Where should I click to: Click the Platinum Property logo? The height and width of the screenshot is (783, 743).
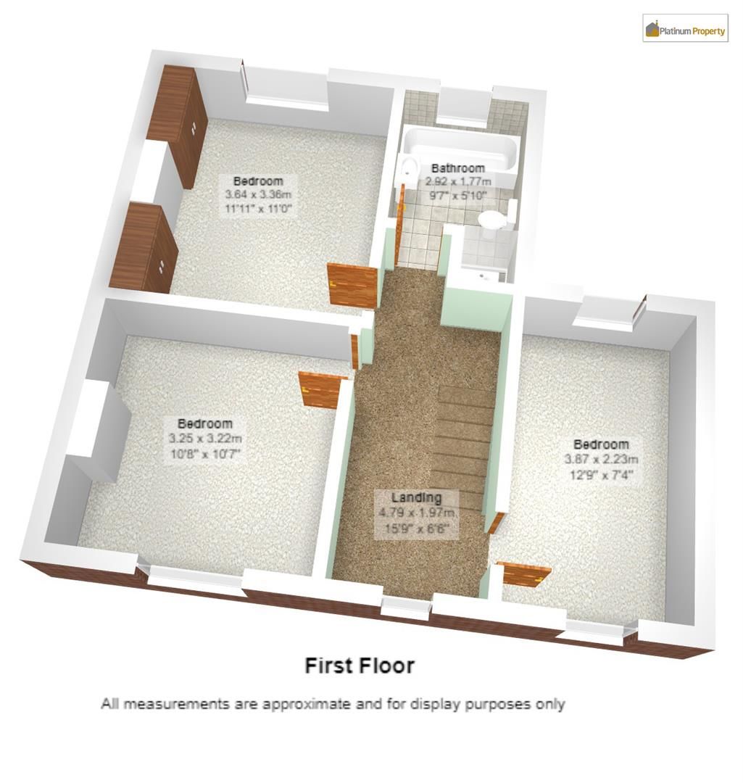[x=685, y=28]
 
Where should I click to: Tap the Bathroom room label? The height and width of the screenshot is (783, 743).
[x=458, y=168]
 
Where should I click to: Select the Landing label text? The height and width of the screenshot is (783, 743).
[x=416, y=497]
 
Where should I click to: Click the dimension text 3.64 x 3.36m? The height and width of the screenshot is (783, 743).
[x=258, y=195]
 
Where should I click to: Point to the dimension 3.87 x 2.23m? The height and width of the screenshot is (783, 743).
[x=601, y=460]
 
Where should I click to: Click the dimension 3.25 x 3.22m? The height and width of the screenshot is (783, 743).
[x=205, y=439]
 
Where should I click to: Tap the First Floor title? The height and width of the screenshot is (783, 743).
[x=360, y=666]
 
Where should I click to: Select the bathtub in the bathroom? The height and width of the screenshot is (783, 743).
[x=460, y=150]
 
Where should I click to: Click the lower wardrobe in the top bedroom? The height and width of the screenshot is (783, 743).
[x=144, y=247]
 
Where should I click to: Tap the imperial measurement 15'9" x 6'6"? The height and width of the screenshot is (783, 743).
[x=416, y=529]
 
